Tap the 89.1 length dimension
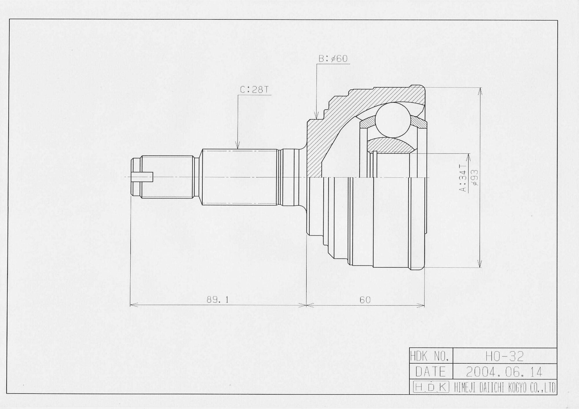218,300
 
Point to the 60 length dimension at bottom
365,300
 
